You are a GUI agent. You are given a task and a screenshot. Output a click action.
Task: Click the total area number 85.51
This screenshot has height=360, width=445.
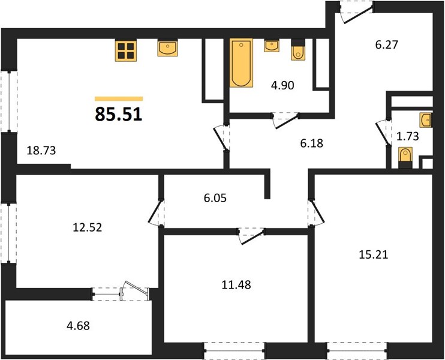point(119,115)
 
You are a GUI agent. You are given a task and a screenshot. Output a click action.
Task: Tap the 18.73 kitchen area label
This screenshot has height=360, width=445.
point(41,151)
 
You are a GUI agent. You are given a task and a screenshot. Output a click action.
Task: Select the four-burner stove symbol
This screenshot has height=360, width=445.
point(126,50)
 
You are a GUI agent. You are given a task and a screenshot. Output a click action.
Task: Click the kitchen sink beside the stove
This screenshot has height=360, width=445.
point(168,48)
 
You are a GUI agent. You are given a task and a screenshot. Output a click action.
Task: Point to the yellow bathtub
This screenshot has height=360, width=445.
point(241,62)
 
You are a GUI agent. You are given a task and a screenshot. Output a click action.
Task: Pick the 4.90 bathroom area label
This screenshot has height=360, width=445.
point(282,85)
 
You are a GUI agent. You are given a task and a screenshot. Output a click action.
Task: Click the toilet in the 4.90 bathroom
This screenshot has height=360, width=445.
point(298,50)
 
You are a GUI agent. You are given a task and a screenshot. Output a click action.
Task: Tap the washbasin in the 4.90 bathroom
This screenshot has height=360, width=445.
point(272,46)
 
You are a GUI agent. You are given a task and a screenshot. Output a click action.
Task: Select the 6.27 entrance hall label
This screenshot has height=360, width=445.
point(387,45)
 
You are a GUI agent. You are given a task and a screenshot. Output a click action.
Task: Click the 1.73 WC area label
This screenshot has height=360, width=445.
point(408,137)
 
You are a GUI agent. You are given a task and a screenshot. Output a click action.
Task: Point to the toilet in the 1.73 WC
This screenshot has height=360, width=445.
point(405,158)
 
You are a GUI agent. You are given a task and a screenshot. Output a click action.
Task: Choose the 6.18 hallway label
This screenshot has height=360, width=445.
point(312,143)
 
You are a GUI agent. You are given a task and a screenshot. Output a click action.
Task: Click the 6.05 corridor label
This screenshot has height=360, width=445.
point(215,198)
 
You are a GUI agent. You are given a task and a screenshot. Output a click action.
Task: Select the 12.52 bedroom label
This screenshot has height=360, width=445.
point(88,227)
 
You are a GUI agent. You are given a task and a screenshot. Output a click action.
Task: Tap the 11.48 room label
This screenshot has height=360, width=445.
point(236,284)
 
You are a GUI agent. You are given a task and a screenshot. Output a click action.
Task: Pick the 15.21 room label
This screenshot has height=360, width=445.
point(374,254)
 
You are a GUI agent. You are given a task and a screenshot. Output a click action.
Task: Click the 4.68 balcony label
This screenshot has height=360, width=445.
point(78,326)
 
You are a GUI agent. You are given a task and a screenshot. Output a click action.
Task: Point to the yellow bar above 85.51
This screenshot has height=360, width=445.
point(119,99)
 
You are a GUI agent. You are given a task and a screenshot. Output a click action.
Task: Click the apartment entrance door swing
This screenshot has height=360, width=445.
point(357,15)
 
